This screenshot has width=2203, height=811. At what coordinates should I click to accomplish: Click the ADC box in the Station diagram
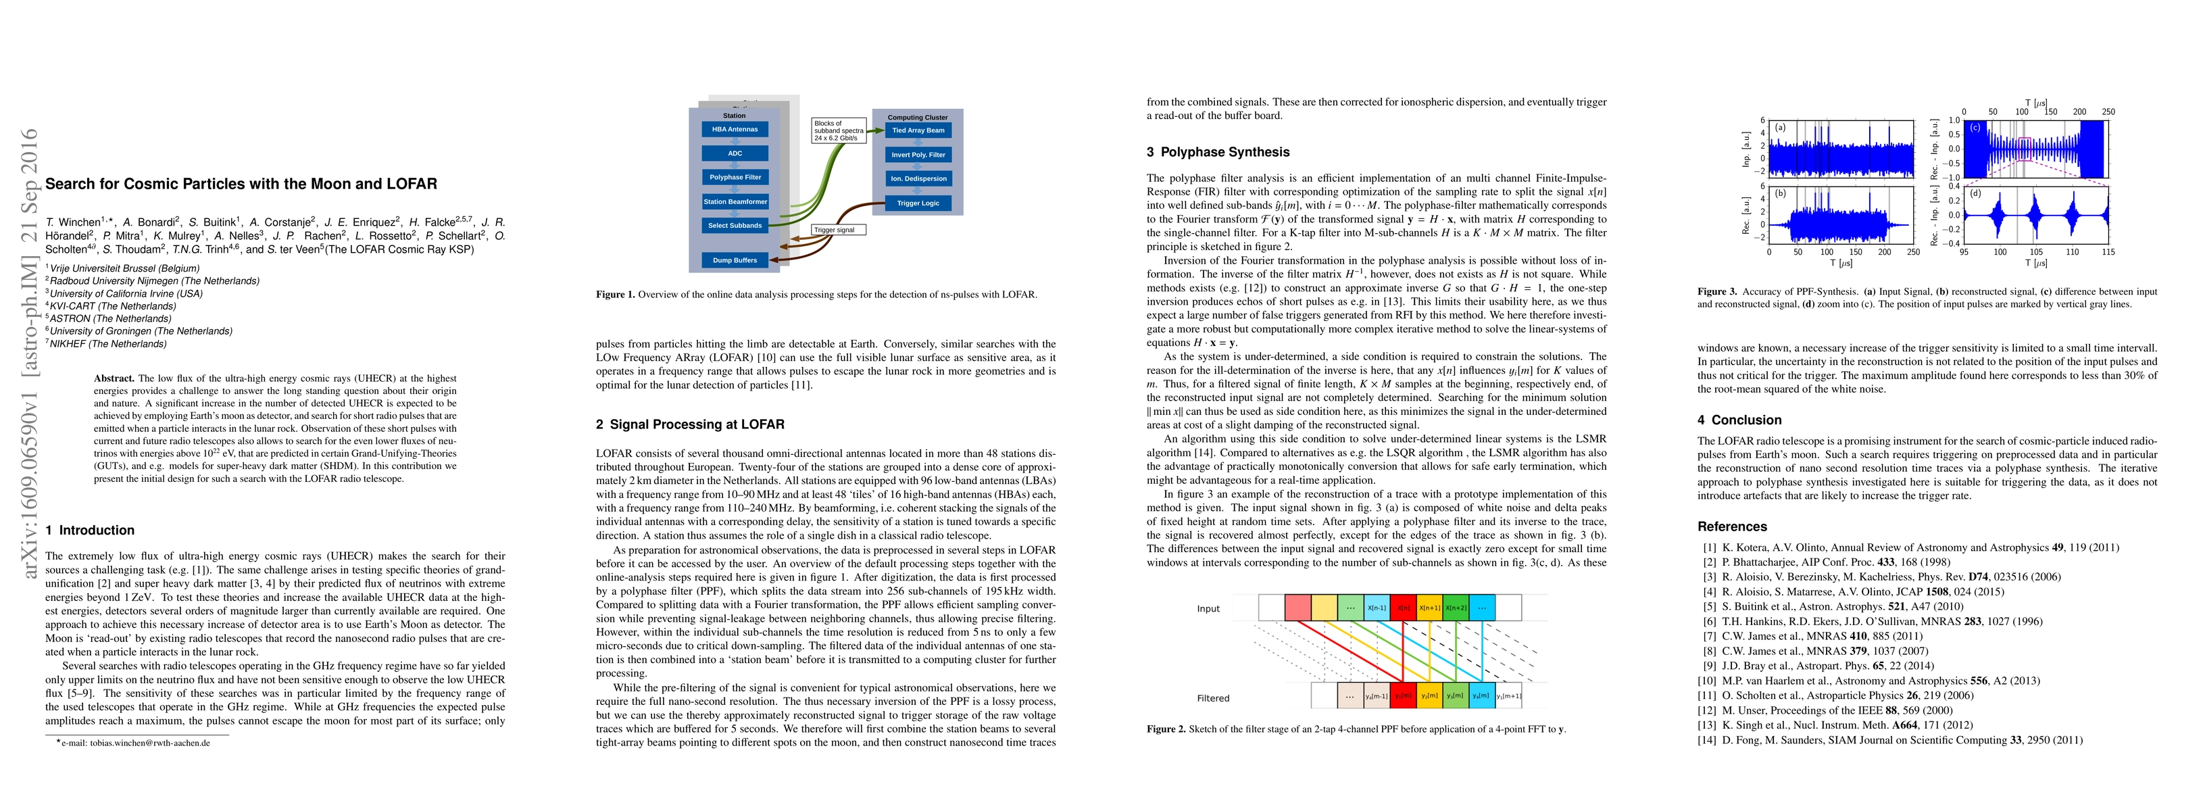(x=735, y=154)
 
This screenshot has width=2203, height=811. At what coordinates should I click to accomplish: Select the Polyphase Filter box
(x=735, y=178)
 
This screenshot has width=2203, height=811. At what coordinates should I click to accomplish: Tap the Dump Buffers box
(x=735, y=260)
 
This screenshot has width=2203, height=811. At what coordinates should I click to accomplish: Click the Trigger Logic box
(x=918, y=203)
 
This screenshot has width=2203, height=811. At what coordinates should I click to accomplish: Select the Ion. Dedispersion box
(x=918, y=179)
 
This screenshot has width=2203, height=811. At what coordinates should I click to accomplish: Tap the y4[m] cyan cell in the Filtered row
(x=1482, y=695)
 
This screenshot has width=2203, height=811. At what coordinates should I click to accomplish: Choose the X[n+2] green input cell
(x=1456, y=608)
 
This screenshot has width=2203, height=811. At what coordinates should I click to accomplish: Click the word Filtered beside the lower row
(x=1213, y=698)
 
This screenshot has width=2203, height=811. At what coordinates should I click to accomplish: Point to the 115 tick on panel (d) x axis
(x=2107, y=252)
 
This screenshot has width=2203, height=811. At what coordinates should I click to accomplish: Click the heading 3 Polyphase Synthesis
(x=1218, y=152)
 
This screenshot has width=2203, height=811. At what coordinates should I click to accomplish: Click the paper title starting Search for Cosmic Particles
(x=241, y=184)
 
